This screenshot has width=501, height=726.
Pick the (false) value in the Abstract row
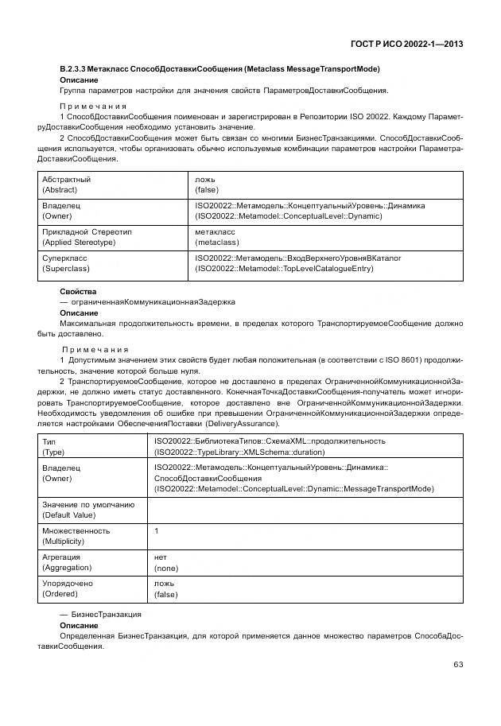(208, 190)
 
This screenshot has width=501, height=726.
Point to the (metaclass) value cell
(217, 242)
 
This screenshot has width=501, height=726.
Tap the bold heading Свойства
(78, 292)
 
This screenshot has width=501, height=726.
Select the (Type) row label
(54, 451)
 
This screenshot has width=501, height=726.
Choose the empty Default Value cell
(305, 510)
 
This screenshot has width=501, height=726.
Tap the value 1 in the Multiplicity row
(157, 530)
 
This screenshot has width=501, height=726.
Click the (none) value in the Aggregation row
(166, 568)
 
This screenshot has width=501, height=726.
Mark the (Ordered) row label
(61, 594)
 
